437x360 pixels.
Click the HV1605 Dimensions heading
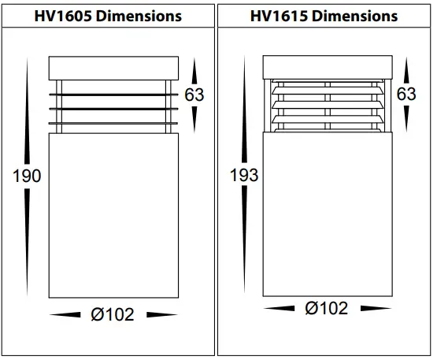click(109, 16)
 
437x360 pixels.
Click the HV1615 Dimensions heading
click(324, 16)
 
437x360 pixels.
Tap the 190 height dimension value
click(27, 176)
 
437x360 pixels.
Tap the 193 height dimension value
click(243, 175)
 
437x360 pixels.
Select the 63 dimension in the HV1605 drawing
click(194, 95)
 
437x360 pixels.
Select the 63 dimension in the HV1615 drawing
click(406, 95)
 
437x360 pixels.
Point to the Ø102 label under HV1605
click(113, 314)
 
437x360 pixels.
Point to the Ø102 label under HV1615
click(326, 309)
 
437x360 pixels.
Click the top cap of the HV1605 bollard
click(112, 69)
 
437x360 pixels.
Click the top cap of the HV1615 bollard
click(327, 68)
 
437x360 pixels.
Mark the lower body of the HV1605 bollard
click(112, 213)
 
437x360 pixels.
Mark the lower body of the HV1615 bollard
click(326, 209)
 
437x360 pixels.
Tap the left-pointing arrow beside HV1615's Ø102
click(281, 309)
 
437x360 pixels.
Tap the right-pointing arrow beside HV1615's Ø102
click(371, 309)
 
